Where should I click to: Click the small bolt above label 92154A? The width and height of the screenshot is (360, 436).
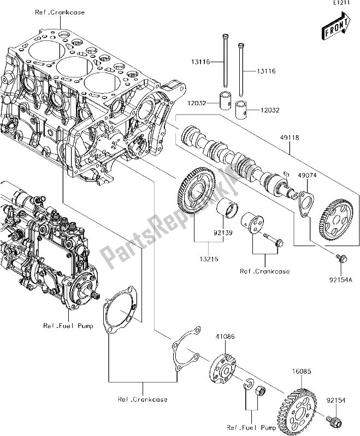[339, 258]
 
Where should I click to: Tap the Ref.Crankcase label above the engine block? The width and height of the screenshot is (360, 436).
[60, 13]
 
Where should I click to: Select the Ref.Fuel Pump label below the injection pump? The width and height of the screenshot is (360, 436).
[68, 326]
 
